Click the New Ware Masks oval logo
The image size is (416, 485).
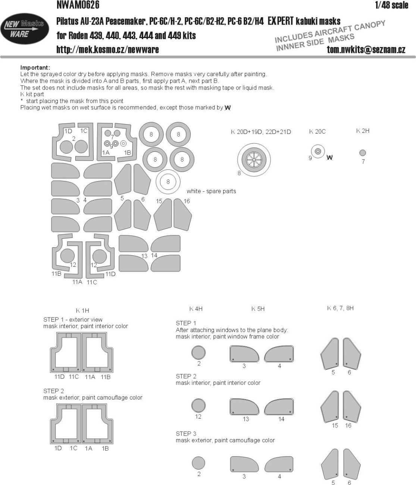(x=24, y=29)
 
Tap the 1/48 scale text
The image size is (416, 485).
(x=391, y=5)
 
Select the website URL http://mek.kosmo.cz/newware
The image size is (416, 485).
(x=107, y=50)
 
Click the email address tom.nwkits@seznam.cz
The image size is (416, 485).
(x=366, y=50)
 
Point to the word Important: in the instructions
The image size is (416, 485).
(x=35, y=68)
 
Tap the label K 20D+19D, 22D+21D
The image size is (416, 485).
(x=261, y=132)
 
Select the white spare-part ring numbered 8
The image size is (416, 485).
(x=168, y=182)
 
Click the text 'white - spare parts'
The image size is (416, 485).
(x=211, y=191)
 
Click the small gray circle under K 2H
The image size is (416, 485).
(x=363, y=153)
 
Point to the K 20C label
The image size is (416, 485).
(x=317, y=131)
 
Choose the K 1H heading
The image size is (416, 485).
(x=82, y=310)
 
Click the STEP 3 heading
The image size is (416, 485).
(x=186, y=434)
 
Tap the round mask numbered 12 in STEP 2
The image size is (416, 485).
(x=198, y=405)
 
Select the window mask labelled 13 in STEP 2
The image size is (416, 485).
(x=245, y=407)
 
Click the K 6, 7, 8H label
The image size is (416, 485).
(x=340, y=308)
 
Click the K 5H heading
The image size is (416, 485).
(x=258, y=309)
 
